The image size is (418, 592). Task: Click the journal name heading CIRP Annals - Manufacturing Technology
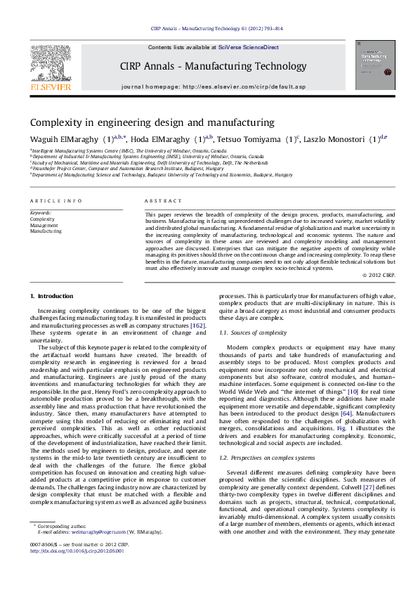click(208, 66)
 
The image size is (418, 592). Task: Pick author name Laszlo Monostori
click(336, 139)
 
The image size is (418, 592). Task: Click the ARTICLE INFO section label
click(51, 200)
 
